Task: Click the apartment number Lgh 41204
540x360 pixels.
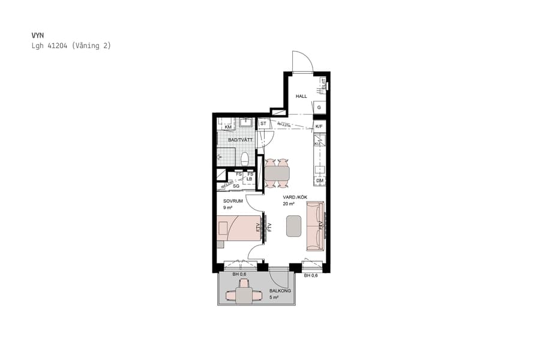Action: point(52,46)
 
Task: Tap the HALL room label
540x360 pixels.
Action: point(301,96)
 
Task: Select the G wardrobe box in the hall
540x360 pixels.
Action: point(320,108)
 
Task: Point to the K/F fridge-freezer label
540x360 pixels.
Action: point(319,127)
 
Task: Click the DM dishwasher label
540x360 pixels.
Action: point(320,181)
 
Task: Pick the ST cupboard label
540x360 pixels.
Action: point(263,124)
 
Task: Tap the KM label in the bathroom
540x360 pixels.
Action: point(228,127)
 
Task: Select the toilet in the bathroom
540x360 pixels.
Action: point(245,158)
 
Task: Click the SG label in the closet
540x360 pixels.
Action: point(236,186)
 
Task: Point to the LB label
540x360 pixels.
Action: point(250,179)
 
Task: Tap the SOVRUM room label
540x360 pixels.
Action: point(233,201)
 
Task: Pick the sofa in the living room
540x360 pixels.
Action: point(314,226)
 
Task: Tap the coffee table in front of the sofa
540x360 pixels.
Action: point(294,226)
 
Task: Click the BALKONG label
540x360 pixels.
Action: point(280,291)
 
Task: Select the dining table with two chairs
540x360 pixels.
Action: point(277,173)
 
